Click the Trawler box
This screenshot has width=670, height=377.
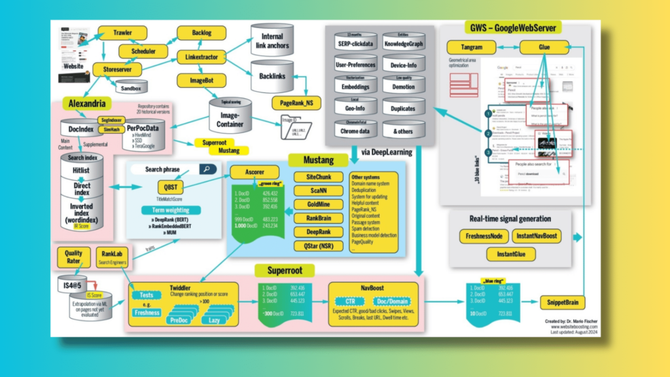click(122, 32)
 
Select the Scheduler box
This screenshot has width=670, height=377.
click(143, 51)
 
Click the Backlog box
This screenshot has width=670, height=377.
click(201, 33)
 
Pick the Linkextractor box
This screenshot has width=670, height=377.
click(202, 57)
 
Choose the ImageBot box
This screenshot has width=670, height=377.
click(202, 81)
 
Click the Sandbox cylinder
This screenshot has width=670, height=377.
click(132, 86)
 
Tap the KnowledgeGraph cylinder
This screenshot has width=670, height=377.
click(404, 44)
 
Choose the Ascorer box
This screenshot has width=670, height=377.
click(249, 172)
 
